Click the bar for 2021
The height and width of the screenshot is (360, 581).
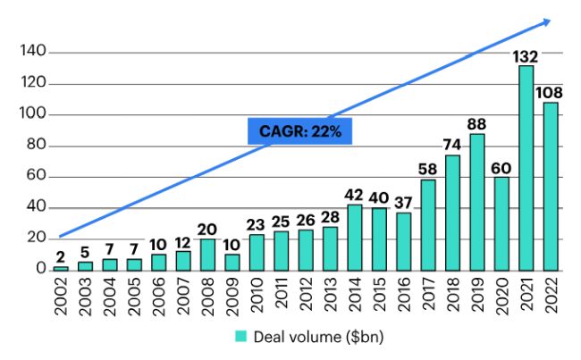click(x=526, y=168)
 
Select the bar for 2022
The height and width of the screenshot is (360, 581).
click(x=551, y=186)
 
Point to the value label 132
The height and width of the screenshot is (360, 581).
click(x=526, y=57)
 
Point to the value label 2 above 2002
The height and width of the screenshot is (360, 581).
click(x=60, y=257)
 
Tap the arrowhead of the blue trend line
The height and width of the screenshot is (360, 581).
click(x=547, y=21)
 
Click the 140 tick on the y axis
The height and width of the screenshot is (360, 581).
click(x=32, y=53)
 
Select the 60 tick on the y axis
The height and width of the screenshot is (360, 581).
click(x=35, y=177)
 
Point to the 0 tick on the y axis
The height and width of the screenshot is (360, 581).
click(x=40, y=269)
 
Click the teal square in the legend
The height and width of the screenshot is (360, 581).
click(x=240, y=336)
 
